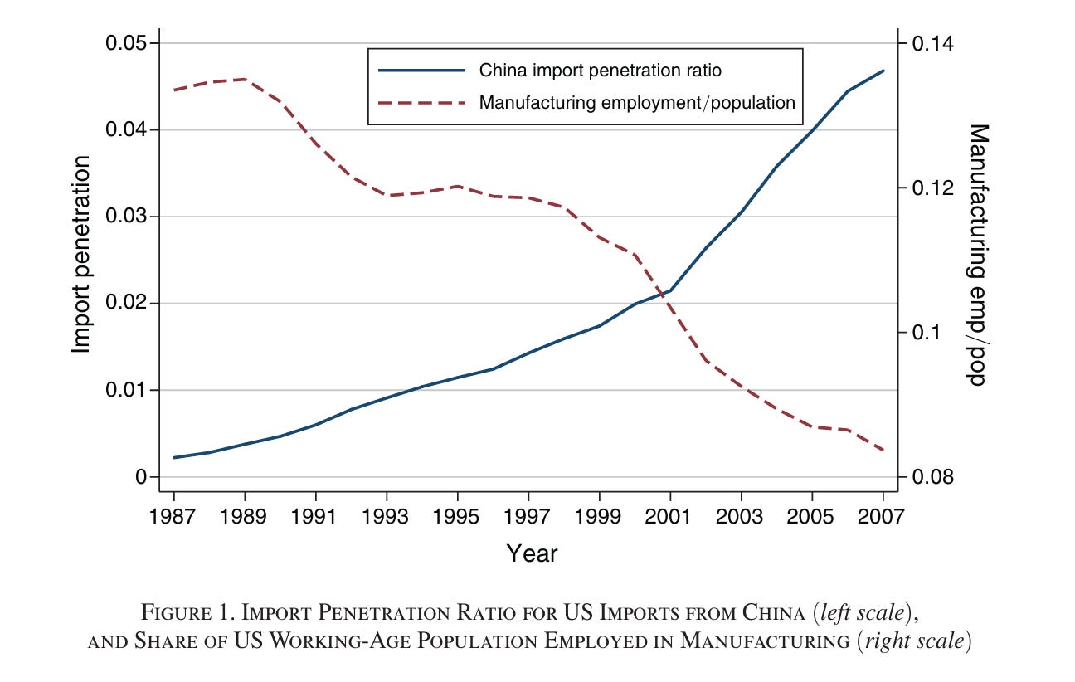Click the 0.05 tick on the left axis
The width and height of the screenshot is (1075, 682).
pos(126,43)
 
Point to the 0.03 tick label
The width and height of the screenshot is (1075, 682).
pos(126,217)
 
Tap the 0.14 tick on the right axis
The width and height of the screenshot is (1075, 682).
pos(932,44)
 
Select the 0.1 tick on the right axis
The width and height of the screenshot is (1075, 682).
pos(925,332)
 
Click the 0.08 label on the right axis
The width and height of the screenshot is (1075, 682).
pos(932,476)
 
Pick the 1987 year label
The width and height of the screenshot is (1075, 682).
pos(173,517)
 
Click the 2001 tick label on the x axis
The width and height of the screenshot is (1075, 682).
pos(669,517)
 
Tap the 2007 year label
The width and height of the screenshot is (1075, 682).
pos(881,517)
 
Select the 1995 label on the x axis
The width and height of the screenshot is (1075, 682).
pos(456,517)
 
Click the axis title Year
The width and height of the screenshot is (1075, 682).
pos(532,554)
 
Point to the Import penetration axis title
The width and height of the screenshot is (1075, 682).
pos(81,255)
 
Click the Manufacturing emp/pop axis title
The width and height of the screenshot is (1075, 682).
pos(978,255)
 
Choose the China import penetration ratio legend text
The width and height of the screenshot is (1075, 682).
pos(601,71)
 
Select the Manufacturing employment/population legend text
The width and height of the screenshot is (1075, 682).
pos(637,103)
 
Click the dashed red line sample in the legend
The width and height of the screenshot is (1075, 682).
pos(422,103)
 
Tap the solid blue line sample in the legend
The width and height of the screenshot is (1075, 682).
pos(422,71)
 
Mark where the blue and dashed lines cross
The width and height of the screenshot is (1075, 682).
pos(664,294)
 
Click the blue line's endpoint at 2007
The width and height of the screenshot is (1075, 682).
pos(883,71)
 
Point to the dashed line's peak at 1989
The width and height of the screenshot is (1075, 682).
pos(245,79)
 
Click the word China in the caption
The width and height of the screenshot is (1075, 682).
pos(773,613)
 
